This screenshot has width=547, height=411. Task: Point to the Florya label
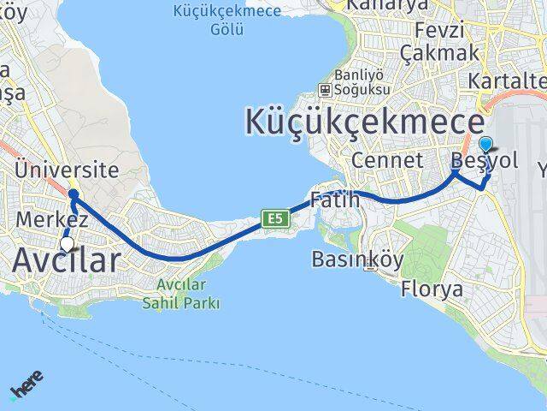[432, 289]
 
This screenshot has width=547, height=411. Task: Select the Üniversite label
[66, 170]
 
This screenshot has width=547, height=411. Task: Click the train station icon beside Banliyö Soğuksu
[325, 89]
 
